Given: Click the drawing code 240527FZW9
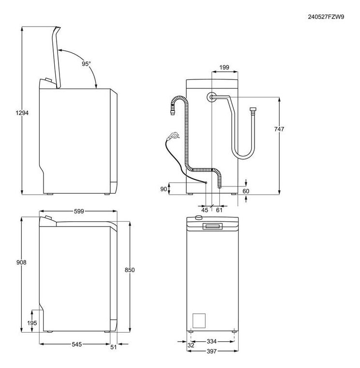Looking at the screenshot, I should [326, 16].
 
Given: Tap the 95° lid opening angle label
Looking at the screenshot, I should [86, 63].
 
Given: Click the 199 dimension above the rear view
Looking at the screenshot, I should [224, 67].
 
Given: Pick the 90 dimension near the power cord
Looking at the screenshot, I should [164, 188].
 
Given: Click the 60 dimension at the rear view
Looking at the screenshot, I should [246, 191].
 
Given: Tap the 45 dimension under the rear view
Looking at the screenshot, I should [205, 210].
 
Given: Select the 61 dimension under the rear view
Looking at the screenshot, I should [219, 210].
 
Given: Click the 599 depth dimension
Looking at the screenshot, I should [79, 211].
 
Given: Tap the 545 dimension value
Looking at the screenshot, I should [76, 344].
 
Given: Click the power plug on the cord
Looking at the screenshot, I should [170, 138].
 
